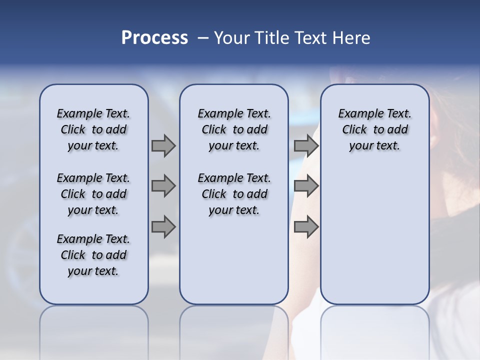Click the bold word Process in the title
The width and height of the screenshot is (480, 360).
point(154,38)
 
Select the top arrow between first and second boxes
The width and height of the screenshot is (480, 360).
point(163,145)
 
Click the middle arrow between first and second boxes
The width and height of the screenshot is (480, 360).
point(163,186)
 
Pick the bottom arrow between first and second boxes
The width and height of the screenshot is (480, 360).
point(163,227)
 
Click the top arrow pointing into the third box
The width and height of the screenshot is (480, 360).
point(306,145)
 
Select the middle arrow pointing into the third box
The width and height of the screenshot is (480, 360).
point(306,186)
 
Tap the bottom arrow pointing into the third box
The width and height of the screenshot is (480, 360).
point(306,227)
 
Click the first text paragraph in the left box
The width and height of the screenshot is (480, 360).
point(93,129)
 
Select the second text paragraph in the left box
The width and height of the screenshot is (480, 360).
point(93,194)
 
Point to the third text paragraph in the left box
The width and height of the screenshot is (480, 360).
point(93,255)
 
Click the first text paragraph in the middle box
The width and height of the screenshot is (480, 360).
point(234,129)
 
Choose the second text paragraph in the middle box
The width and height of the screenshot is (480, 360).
point(234,194)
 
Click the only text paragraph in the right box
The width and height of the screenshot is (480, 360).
point(374,129)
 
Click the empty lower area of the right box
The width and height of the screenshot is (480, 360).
point(374,235)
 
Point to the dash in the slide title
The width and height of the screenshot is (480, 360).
point(203,38)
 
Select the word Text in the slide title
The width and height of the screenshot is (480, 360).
point(309,38)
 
